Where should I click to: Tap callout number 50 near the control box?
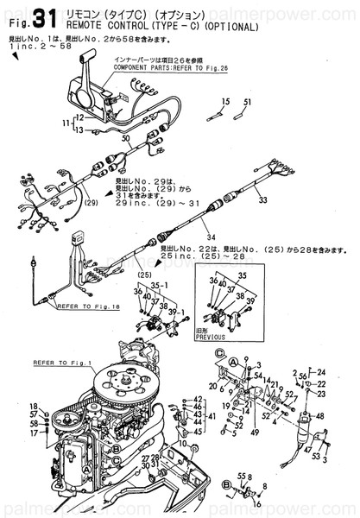(126, 138)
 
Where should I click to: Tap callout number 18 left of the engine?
(34, 406)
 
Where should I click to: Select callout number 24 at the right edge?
(323, 373)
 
